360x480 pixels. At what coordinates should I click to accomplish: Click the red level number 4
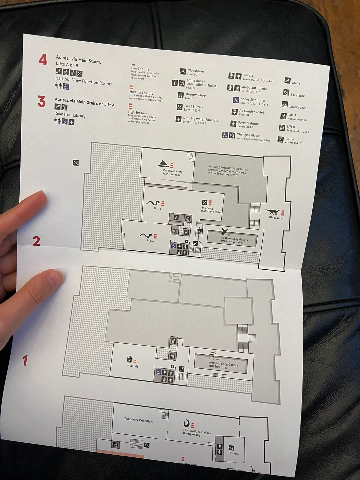click(43, 60)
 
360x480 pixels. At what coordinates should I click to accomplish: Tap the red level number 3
click(41, 101)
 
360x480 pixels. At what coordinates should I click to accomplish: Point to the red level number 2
click(36, 241)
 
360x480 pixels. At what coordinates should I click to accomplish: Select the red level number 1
click(25, 360)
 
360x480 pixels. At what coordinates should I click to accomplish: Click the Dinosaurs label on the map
click(276, 218)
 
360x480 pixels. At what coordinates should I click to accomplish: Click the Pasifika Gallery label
click(172, 173)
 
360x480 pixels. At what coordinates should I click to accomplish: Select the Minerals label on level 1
click(133, 366)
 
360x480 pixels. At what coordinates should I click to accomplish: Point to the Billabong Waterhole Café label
click(211, 210)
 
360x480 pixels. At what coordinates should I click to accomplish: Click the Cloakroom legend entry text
click(196, 71)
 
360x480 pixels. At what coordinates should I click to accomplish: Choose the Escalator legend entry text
click(297, 95)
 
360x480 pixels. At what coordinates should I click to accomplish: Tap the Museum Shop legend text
click(195, 95)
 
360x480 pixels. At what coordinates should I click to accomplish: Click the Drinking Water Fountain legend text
click(200, 119)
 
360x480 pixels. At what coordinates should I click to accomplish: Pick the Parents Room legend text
click(248, 123)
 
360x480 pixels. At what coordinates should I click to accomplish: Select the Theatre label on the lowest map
click(233, 453)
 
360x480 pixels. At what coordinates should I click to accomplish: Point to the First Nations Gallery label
click(197, 433)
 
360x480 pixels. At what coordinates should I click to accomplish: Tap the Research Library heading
click(70, 115)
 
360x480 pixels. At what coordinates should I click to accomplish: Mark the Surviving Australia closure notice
click(228, 171)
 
